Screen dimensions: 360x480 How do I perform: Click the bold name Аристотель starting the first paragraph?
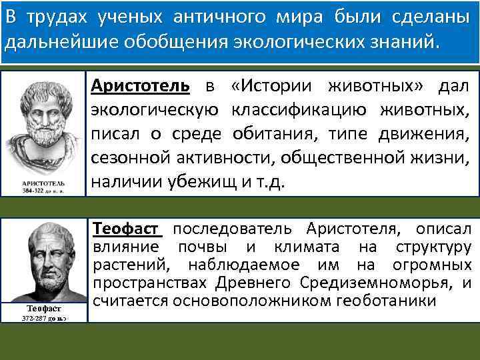point(140,87)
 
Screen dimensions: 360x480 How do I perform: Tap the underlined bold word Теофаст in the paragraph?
point(127,229)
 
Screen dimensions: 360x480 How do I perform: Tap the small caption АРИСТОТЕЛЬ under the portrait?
point(42,182)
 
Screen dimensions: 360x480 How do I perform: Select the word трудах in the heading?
point(64,17)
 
